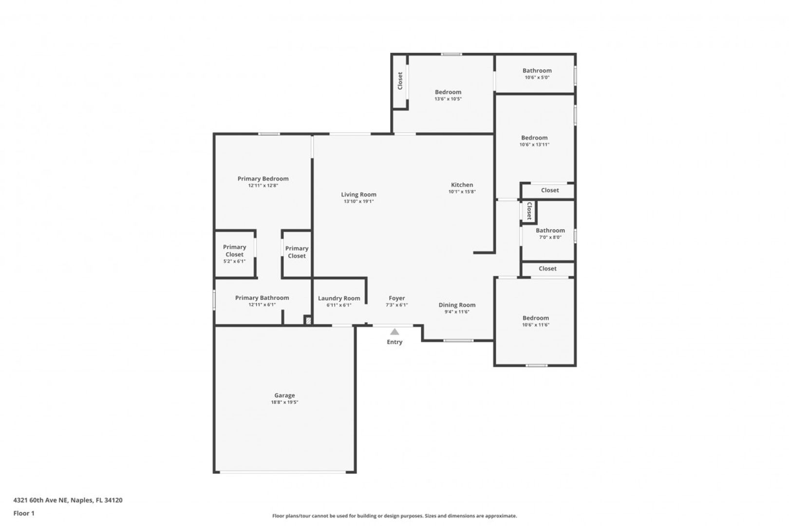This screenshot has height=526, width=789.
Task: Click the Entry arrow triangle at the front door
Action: tap(394, 332)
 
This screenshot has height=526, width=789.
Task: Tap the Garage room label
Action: tap(284, 395)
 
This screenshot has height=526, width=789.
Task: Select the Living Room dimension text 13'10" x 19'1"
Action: tap(358, 202)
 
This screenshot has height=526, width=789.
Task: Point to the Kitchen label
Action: tap(462, 185)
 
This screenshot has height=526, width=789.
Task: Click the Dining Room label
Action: tap(457, 305)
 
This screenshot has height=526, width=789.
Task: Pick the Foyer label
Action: tap(396, 299)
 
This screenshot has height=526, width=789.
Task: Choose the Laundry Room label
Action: tap(339, 299)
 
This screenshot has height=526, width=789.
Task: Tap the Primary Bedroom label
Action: tap(263, 179)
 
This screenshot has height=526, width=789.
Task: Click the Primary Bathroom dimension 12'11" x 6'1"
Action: tap(262, 305)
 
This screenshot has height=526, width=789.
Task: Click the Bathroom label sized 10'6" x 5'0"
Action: tap(537, 71)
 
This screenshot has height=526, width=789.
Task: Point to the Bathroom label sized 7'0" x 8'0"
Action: tap(550, 230)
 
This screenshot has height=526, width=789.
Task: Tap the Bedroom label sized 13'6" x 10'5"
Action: tap(448, 93)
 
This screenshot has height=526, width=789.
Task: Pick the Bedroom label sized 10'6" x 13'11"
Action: tap(534, 138)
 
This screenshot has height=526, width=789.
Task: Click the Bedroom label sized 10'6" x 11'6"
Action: tap(535, 318)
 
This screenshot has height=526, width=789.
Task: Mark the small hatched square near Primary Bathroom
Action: tap(308, 320)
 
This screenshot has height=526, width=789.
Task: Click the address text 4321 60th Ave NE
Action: tap(40, 500)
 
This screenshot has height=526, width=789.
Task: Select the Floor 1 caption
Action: tap(24, 513)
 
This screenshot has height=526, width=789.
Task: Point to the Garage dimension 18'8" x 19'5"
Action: tap(284, 402)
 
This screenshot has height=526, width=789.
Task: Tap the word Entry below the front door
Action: tap(394, 342)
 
